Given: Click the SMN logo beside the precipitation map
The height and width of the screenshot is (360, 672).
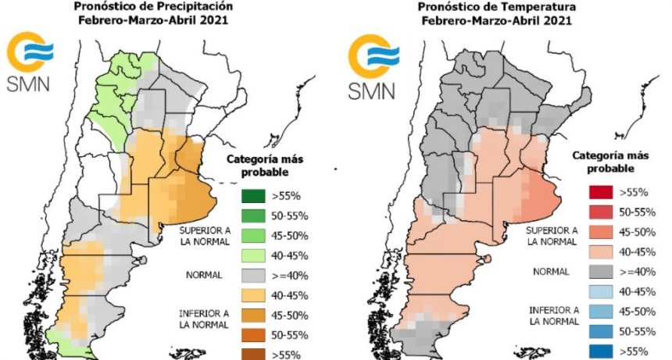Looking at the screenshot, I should [30, 62].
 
